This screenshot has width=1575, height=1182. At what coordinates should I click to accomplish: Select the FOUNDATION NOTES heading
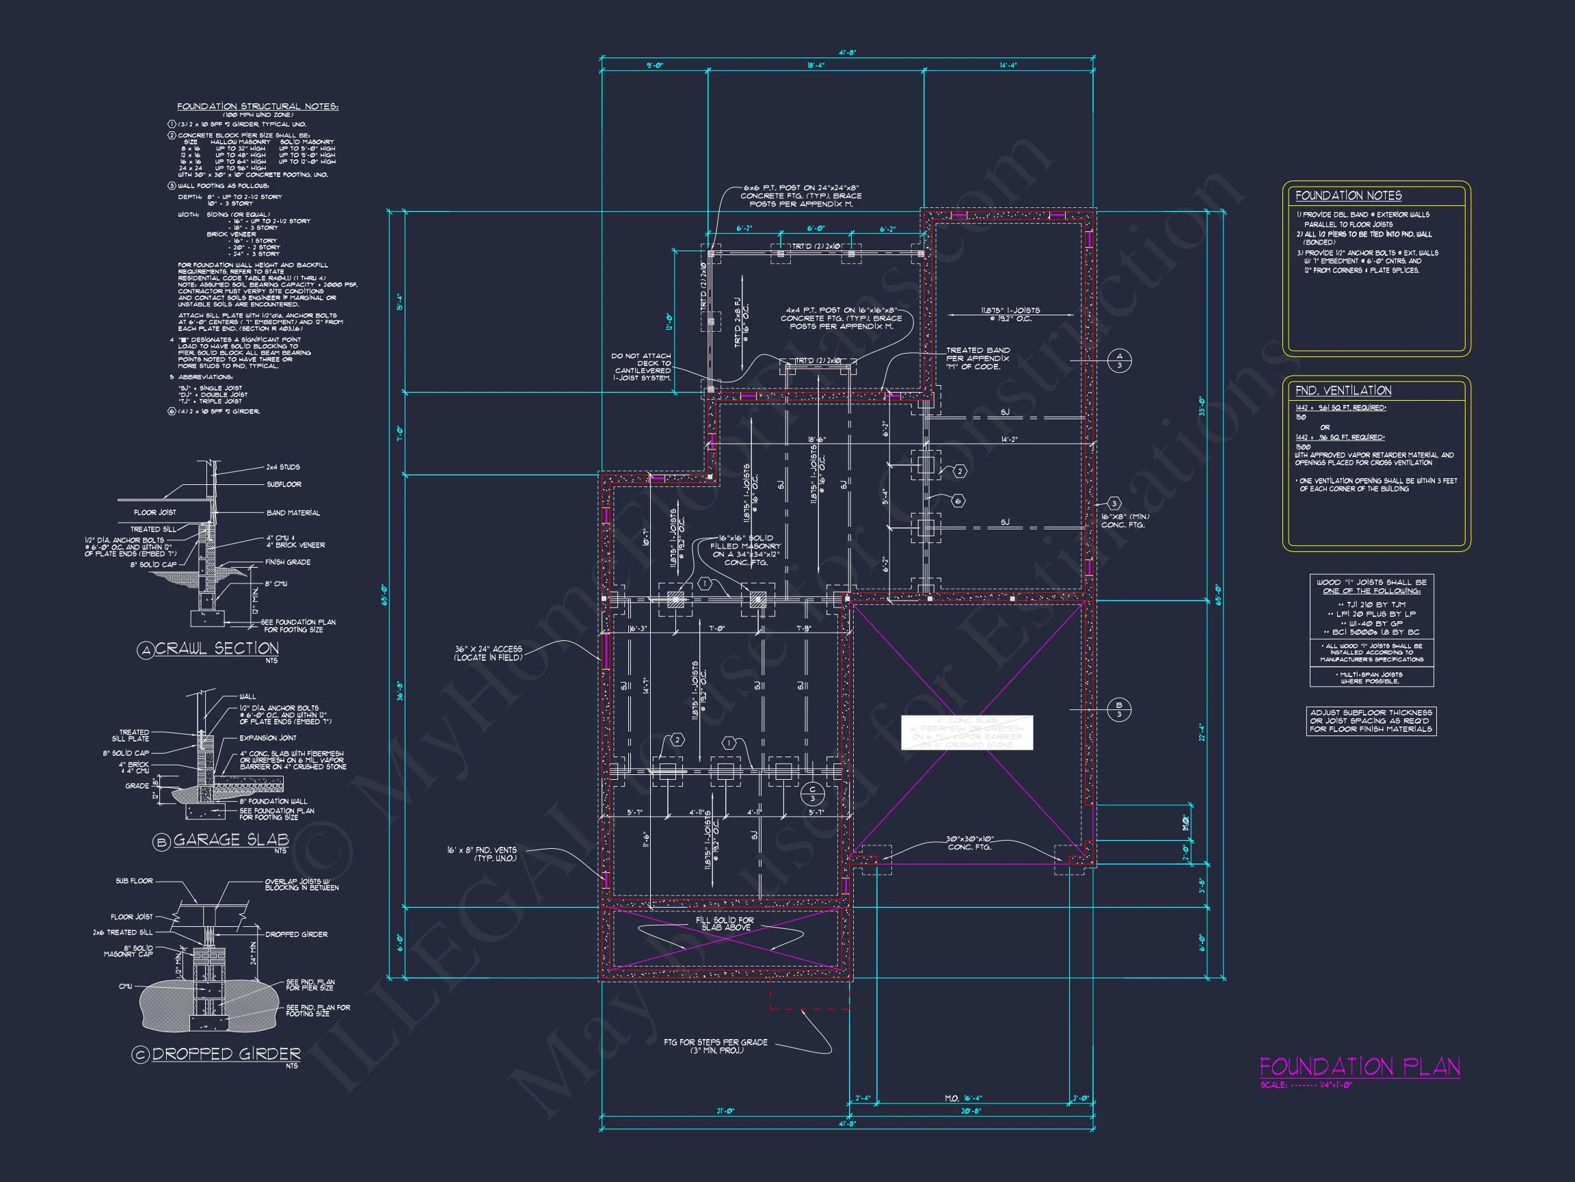1348,196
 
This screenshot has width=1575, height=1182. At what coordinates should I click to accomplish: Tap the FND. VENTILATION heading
1343,391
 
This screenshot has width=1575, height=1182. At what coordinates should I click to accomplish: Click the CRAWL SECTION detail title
217,648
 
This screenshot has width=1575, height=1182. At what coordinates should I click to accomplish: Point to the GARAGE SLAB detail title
230,840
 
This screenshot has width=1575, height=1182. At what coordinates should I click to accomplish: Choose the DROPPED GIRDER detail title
226,1054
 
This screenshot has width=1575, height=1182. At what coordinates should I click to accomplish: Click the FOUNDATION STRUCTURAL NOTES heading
258,107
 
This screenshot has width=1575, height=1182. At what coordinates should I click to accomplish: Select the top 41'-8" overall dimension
846,53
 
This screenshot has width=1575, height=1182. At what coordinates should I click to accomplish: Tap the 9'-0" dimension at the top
654,66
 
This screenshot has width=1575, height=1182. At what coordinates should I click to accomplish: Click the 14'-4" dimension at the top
1008,66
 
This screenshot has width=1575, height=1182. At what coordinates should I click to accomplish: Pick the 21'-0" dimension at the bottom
724,1111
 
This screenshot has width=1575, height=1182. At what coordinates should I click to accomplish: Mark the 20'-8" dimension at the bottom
971,1111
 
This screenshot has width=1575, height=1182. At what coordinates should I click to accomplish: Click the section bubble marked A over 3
1119,361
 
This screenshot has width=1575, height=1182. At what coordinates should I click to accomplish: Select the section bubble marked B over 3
1118,709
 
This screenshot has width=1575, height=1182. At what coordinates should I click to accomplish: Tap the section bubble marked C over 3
812,793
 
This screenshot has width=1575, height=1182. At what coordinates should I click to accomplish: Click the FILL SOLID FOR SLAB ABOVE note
725,924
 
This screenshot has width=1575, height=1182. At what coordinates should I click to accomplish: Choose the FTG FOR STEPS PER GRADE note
716,1046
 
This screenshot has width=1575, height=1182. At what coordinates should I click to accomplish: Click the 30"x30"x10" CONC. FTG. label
970,843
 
